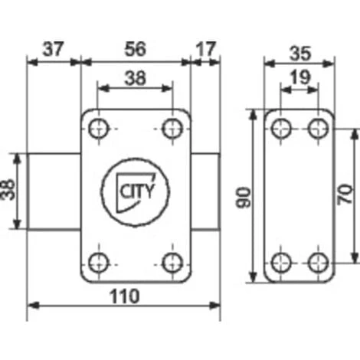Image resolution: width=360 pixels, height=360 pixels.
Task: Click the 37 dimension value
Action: [53, 49]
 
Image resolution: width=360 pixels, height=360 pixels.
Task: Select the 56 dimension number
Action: [136, 49]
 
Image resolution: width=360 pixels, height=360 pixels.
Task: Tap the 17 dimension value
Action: [206, 49]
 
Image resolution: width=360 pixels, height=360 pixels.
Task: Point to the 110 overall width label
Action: [125, 296]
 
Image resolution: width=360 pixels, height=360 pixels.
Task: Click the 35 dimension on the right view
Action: [300, 54]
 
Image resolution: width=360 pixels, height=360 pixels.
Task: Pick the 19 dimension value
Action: [300, 77]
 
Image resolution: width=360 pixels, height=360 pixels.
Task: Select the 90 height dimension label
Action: [244, 197]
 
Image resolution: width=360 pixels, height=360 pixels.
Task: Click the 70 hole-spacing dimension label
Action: [345, 195]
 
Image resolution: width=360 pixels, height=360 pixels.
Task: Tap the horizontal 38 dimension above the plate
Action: [136, 78]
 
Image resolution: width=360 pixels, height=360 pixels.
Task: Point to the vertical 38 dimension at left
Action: [8, 190]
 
